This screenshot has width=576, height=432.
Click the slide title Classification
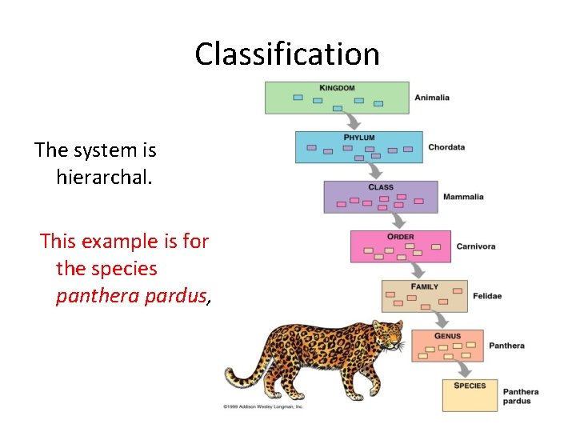(287, 54)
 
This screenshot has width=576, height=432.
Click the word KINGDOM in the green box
(337, 88)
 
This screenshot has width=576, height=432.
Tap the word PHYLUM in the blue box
(358, 138)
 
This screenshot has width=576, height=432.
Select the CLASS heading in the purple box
(381, 187)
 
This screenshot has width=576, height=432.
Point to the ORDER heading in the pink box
(400, 237)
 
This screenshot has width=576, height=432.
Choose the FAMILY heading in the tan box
(424, 286)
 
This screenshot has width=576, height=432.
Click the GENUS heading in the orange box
(447, 336)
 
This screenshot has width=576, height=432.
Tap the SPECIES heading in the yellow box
(470, 386)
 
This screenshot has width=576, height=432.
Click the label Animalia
(432, 98)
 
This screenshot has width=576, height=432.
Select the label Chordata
(446, 147)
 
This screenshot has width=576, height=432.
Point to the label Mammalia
(463, 197)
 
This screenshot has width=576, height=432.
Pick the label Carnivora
(476, 246)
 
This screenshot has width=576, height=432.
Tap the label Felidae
(487, 296)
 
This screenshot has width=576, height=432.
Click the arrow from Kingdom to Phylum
(352, 122)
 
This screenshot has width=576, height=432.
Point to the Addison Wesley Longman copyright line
(263, 407)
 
